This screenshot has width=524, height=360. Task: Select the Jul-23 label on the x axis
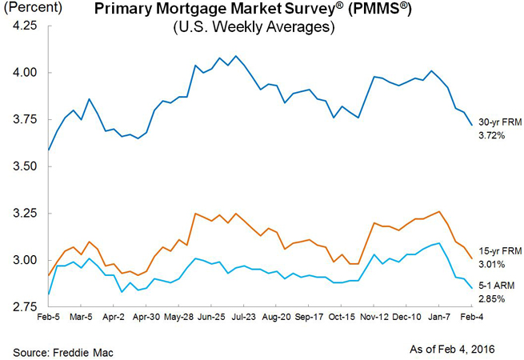tap(244, 317)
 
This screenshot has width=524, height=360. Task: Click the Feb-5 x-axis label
tap(50, 317)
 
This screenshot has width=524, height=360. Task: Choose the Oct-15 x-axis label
tap(342, 317)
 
